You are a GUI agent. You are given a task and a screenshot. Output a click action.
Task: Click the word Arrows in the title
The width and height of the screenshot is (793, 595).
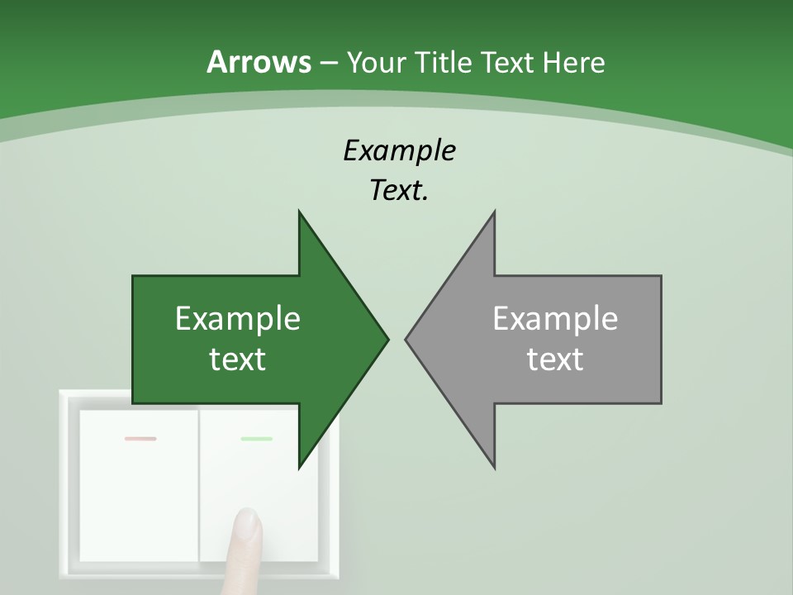point(259,62)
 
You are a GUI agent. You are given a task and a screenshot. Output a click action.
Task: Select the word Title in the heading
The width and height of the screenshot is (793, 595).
point(444,62)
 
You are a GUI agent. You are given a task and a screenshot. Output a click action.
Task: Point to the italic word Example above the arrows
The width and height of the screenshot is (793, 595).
point(399,150)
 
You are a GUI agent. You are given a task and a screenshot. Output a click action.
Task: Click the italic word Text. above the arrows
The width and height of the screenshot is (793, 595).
point(399,190)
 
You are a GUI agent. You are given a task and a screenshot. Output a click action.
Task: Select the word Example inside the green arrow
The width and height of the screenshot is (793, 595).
point(238,318)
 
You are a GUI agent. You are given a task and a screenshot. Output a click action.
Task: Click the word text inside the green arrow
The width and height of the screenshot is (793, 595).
point(238,359)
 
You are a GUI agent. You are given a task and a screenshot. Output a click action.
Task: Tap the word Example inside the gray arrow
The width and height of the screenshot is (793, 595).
point(555,318)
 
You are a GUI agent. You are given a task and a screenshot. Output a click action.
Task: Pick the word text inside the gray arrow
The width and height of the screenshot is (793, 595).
point(555,359)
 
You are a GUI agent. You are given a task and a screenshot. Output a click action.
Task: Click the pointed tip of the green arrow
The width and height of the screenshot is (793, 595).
point(387,338)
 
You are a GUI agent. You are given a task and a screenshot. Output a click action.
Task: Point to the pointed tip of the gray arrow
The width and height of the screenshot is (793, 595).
point(406,338)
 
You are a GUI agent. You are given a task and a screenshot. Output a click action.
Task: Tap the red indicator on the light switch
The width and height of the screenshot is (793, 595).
point(140,439)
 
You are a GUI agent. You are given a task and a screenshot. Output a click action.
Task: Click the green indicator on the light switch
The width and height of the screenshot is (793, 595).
point(256,439)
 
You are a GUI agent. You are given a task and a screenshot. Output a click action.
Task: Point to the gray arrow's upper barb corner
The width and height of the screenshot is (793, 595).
point(494,212)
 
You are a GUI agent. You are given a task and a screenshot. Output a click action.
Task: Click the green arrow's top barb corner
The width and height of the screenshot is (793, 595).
point(299,212)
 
